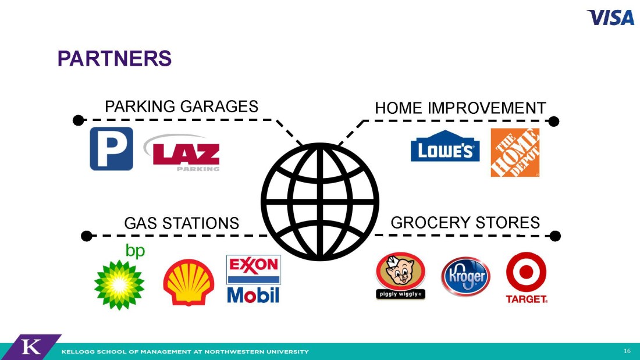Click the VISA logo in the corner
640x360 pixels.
coord(610,17)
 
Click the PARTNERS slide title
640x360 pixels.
coord(114,58)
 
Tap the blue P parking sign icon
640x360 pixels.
coord(112,148)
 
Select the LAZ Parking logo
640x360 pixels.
coord(182,152)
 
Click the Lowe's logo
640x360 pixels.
coord(445,146)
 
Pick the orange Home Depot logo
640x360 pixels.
coord(515,152)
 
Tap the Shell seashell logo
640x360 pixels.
coord(189,282)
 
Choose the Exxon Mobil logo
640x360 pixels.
coord(254,279)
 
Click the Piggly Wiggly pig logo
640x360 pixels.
coord(400,276)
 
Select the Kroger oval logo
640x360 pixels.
coord(465,276)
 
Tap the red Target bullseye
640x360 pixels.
coord(527,272)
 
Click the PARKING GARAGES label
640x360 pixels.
coord(182,106)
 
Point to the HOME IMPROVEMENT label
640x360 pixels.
coord(460,108)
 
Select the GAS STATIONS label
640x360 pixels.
coord(182,223)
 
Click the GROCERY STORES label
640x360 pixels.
coord(465,222)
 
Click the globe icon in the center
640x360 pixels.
coord(320,202)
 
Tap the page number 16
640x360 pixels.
coord(627,351)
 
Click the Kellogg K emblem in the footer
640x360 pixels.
coord(31,347)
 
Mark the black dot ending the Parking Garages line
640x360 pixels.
coord(79,120)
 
